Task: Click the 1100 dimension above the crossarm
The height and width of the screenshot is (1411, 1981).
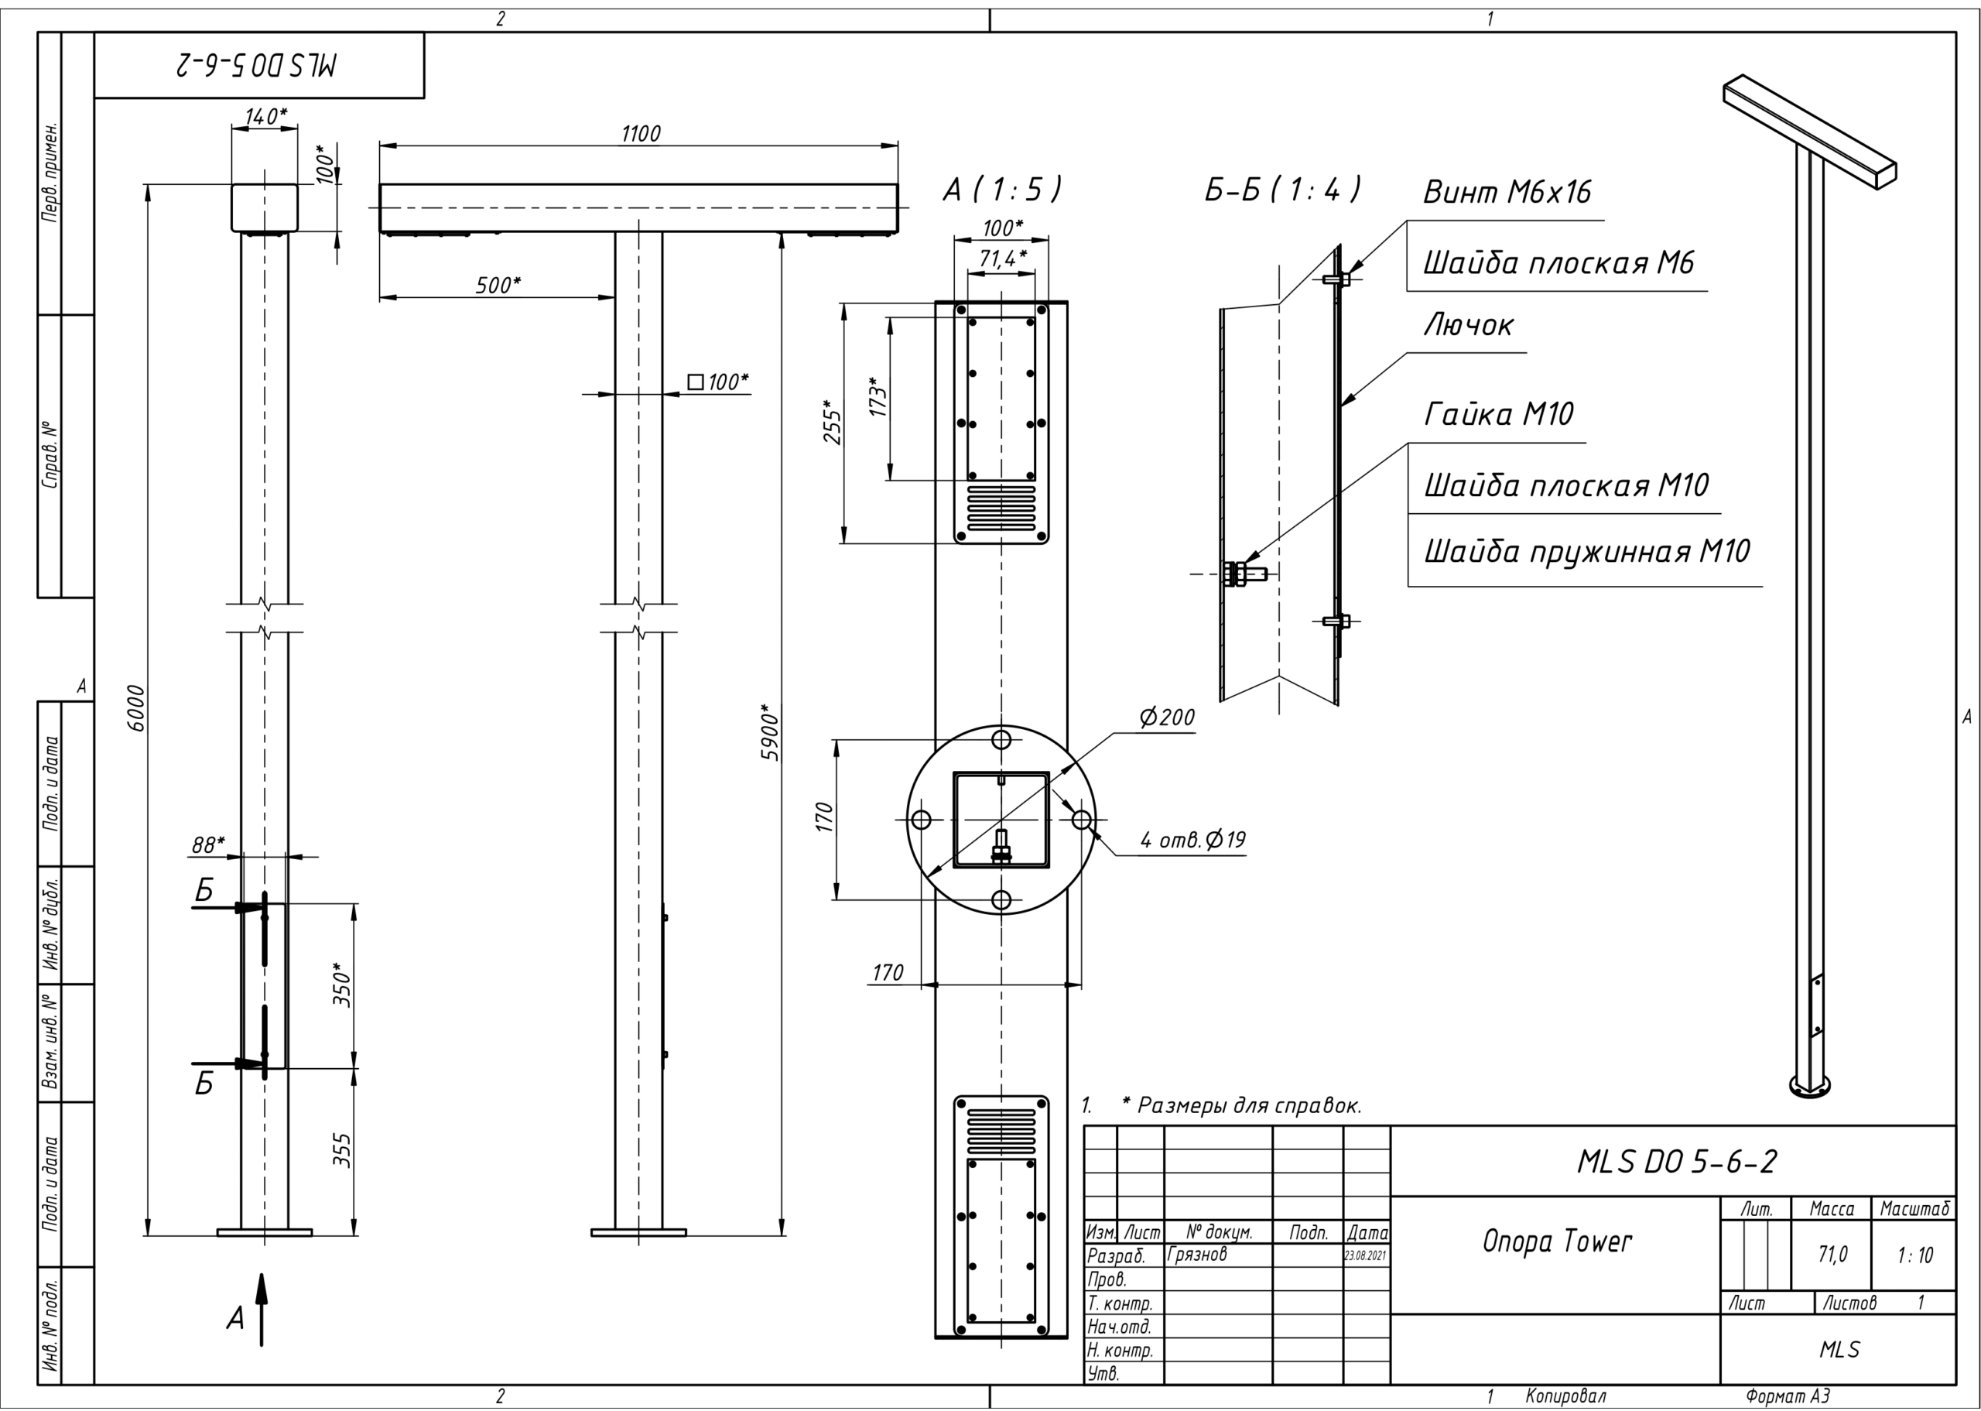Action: (x=641, y=134)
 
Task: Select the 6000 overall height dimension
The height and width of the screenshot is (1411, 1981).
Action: (x=136, y=708)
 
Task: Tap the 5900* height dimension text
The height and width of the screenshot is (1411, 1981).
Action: (x=770, y=732)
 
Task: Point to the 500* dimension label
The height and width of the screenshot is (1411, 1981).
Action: (x=498, y=285)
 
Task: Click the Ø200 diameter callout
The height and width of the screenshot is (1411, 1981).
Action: (x=1167, y=717)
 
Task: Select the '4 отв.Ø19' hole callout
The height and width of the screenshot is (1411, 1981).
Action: (x=1192, y=839)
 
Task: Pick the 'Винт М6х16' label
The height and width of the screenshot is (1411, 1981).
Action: (x=1507, y=192)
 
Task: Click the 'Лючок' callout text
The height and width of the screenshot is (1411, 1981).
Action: (x=1469, y=325)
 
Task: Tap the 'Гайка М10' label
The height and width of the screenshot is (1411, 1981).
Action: (x=1498, y=414)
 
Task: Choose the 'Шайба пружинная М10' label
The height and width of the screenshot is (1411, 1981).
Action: (x=1586, y=551)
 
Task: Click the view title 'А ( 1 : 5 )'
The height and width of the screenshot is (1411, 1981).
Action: (x=1002, y=190)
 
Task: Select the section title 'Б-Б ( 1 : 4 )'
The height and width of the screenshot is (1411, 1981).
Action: (x=1282, y=190)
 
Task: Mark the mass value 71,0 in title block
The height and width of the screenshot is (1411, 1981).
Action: (x=1832, y=1254)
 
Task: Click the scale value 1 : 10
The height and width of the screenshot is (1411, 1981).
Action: (x=1915, y=1255)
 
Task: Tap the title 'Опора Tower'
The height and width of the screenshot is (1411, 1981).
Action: (x=1557, y=1241)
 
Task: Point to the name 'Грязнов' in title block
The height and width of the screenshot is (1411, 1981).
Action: (x=1198, y=1254)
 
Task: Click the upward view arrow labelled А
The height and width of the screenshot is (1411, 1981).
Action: (x=262, y=1310)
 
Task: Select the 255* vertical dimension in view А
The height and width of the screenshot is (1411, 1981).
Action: (x=832, y=423)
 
